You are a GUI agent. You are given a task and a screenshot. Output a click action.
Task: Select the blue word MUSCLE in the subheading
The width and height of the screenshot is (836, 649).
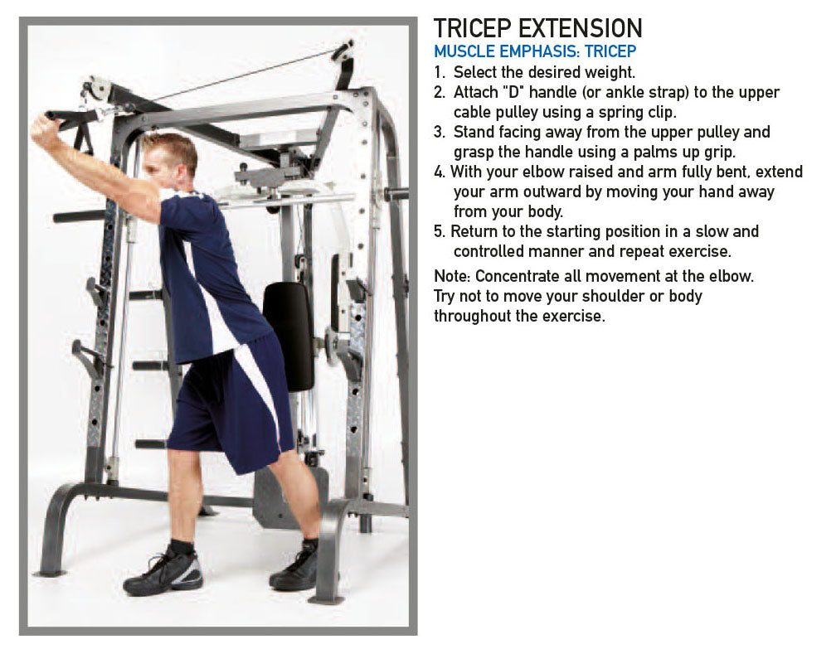click(x=464, y=51)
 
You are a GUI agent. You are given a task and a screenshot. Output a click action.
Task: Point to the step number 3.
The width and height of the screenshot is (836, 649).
click(x=439, y=132)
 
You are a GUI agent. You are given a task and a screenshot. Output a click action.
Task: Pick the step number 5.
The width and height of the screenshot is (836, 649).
click(x=439, y=232)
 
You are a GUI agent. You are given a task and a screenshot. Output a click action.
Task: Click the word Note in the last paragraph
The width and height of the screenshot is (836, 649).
click(x=451, y=277)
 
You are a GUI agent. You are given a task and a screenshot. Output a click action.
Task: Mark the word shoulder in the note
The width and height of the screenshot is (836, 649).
click(x=613, y=296)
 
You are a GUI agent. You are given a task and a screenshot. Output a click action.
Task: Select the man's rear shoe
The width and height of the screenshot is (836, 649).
click(x=295, y=569)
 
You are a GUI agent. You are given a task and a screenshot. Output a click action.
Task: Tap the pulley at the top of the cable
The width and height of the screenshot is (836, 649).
click(x=343, y=50)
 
